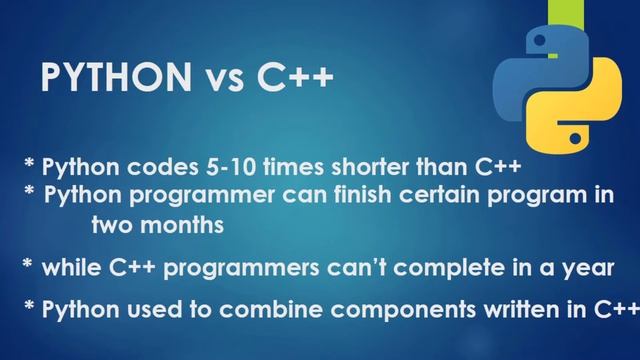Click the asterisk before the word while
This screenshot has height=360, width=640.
[27, 265]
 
